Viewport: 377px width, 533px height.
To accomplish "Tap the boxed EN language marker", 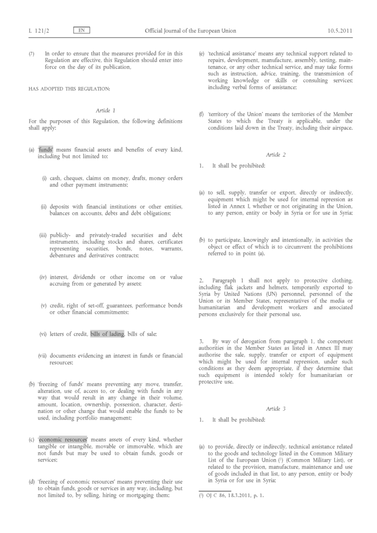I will click(x=82, y=31).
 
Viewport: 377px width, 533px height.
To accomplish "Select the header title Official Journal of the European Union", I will click(x=190, y=31).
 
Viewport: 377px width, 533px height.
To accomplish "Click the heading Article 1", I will click(x=106, y=110).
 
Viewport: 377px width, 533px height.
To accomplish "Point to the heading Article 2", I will click(x=276, y=155).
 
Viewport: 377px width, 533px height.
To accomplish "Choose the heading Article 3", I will click(x=276, y=409).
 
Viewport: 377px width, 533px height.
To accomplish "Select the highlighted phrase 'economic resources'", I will click(x=62, y=440).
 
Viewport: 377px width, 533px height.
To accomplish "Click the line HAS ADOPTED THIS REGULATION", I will click(x=69, y=88).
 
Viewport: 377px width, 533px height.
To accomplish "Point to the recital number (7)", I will click(x=32, y=53).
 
